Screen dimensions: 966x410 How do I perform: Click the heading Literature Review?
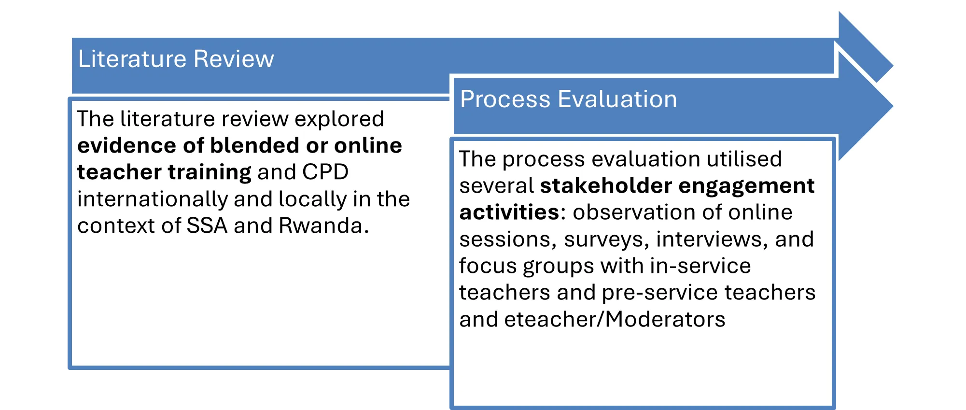tap(176, 59)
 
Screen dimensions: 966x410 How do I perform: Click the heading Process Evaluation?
tap(569, 99)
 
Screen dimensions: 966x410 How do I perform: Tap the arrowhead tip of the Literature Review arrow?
tap(893, 66)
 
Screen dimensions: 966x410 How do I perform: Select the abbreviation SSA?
tap(207, 226)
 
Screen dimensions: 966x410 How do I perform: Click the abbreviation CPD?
tap(325, 172)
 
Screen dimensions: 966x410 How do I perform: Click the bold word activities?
tap(509, 212)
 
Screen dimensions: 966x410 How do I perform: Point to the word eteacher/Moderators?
tap(615, 319)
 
